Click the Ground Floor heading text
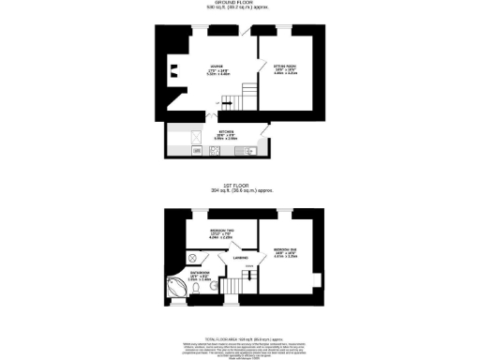[x=239, y=4]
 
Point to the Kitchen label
[x=227, y=134]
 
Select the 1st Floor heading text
[x=239, y=186]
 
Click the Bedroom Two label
[x=222, y=234]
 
